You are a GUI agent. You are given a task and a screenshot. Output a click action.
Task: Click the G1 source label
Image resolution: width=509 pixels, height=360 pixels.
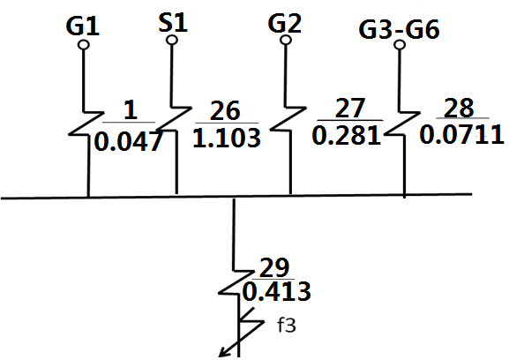click(82, 26)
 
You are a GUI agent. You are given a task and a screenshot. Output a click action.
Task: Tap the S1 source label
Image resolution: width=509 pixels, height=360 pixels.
click(173, 23)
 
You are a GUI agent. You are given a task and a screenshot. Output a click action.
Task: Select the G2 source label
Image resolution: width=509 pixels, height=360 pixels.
click(285, 23)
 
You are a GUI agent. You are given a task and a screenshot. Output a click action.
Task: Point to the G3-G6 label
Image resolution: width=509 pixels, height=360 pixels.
click(400, 29)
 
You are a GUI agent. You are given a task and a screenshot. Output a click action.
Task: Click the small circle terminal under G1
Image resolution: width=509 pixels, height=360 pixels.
click(84, 45)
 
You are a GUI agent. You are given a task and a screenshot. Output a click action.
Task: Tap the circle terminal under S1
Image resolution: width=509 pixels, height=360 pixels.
click(172, 40)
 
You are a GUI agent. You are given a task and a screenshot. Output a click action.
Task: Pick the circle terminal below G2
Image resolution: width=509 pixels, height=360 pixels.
click(286, 40)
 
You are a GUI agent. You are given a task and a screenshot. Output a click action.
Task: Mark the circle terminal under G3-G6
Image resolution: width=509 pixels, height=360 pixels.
click(400, 45)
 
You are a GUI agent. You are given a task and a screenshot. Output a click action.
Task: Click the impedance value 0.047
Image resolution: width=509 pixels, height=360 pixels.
click(128, 141)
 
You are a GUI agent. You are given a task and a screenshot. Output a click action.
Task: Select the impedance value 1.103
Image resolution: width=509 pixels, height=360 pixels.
click(227, 138)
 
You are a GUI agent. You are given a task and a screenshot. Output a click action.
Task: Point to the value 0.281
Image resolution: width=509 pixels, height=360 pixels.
click(347, 135)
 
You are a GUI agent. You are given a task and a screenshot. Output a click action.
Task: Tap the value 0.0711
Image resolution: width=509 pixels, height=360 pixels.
click(462, 134)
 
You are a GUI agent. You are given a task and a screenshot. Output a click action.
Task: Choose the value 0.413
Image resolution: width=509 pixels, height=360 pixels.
click(277, 291)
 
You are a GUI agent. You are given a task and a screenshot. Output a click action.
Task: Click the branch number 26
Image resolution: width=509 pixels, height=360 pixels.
click(225, 110)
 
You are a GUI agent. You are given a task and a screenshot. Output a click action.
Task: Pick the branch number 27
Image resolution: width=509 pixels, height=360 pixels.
click(349, 109)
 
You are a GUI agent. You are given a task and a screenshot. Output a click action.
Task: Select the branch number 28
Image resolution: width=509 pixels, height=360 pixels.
click(459, 108)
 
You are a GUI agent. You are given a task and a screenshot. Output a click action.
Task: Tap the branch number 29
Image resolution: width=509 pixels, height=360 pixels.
click(274, 268)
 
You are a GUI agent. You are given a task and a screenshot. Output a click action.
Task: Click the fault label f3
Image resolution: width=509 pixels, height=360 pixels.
click(287, 326)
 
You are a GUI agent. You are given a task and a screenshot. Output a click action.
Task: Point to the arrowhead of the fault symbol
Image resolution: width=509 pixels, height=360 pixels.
click(222, 354)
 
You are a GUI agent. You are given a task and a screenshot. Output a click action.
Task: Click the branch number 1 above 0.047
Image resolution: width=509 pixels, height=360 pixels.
click(131, 110)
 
